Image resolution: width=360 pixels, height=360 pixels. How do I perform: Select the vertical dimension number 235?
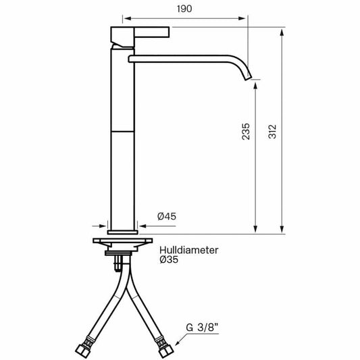coord(245,131)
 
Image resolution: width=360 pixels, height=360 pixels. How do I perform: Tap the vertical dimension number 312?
coord(271,131)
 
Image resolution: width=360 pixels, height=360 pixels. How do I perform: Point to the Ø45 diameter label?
coord(167,216)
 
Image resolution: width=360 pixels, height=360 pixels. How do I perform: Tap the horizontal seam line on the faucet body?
coord(123,132)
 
